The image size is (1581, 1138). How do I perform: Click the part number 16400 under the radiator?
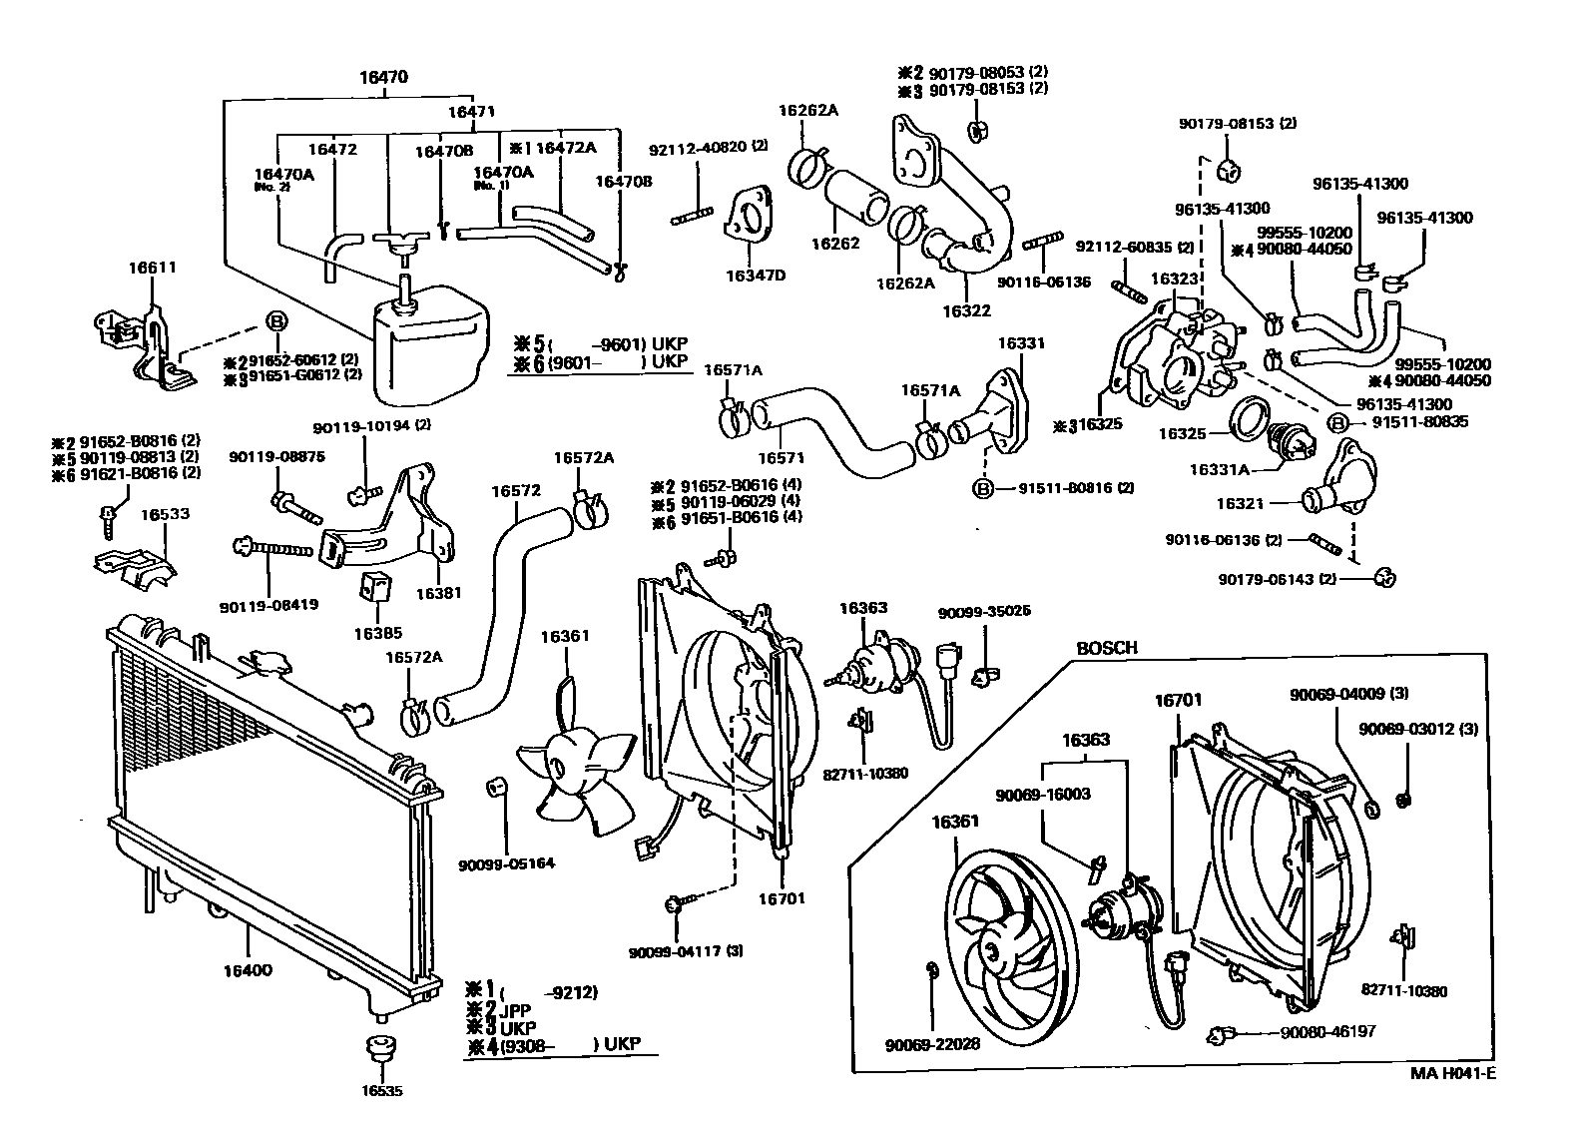pos(247,969)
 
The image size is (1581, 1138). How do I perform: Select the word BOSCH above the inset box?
pos(1106,648)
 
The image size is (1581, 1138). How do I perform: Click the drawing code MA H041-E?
pos(1452,1074)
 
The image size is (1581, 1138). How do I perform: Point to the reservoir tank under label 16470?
pos(429,339)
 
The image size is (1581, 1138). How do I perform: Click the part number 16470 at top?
pos(383,77)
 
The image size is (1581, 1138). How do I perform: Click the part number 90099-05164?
pos(507,863)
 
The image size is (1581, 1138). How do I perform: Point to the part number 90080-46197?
pos(1327,1031)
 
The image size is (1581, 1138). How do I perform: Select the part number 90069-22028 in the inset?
pos(932,1044)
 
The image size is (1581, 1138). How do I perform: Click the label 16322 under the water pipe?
pos(965,310)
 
